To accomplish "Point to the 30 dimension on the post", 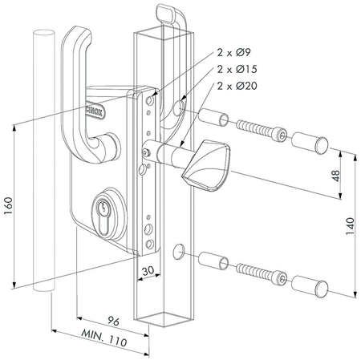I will click(x=146, y=273).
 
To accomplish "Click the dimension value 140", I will click(x=351, y=228).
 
